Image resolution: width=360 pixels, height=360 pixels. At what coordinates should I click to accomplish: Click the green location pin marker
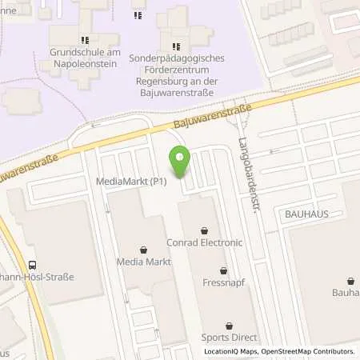point(180,162)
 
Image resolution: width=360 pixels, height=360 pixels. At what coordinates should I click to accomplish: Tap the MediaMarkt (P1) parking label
point(130,182)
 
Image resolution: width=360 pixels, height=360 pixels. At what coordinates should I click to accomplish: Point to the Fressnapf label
point(223,282)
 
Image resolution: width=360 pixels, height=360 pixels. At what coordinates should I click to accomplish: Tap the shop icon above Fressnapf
point(223,270)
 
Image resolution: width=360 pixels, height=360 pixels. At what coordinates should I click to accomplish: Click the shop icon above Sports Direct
point(230,326)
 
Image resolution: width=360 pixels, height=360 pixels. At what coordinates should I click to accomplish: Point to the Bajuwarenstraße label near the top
point(212,116)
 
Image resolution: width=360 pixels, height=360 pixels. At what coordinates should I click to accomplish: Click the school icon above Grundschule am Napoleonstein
point(84,40)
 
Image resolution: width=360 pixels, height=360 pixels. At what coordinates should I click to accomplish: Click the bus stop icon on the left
point(33,266)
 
